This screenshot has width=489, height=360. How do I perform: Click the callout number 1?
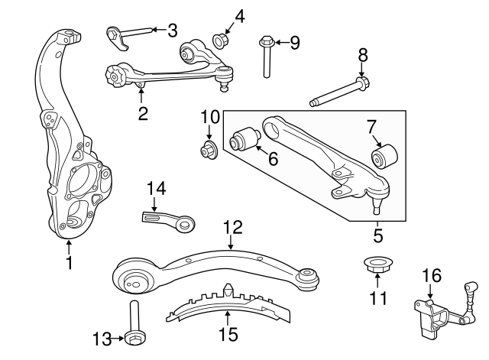coord(70,263)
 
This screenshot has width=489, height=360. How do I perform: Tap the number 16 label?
coord(432,275)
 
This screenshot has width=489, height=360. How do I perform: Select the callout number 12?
coord(232,228)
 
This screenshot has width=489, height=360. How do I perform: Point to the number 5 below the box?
coord(377,235)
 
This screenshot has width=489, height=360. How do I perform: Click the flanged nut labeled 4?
coord(221,41)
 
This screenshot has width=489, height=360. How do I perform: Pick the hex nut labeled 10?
coord(209,150)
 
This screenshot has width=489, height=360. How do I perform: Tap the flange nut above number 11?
coord(377,264)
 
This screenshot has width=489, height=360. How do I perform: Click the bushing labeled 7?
coord(385,156)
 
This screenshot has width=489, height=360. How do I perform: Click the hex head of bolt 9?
coord(266,41)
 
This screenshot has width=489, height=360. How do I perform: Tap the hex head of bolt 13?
coord(135,338)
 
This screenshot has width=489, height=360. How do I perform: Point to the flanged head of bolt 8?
coord(362,83)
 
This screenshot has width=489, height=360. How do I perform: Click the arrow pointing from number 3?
coord(159,30)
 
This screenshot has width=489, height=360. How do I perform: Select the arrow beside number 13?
coord(118,339)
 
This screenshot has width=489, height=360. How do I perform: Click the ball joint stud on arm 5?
coord(377,206)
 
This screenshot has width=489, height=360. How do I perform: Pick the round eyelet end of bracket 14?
coord(186,224)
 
